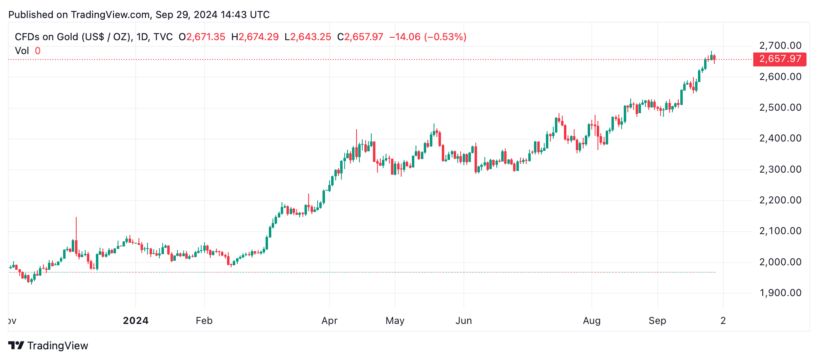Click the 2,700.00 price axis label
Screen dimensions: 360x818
point(780,46)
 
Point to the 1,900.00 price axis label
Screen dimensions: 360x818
point(780,293)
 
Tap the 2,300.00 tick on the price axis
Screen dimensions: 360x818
point(780,169)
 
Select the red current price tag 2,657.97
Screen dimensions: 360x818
point(780,59)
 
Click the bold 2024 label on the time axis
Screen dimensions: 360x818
point(136,321)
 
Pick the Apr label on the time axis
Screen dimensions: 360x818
point(329,321)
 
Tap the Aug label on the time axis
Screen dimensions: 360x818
point(592,321)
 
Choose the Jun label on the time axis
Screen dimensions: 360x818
point(464,321)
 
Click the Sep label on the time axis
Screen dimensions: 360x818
point(657,321)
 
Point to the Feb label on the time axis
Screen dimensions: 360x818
point(204,321)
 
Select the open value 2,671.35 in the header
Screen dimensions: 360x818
point(206,37)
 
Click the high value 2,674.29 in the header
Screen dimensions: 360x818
point(259,37)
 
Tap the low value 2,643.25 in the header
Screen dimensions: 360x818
point(311,37)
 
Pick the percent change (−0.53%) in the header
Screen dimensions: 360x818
point(445,37)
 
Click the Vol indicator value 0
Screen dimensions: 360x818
point(38,51)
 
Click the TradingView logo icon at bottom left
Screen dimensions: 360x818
point(16,346)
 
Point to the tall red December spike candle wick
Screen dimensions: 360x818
point(76,228)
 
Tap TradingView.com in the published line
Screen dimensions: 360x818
point(110,15)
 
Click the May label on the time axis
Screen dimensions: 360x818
point(395,321)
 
